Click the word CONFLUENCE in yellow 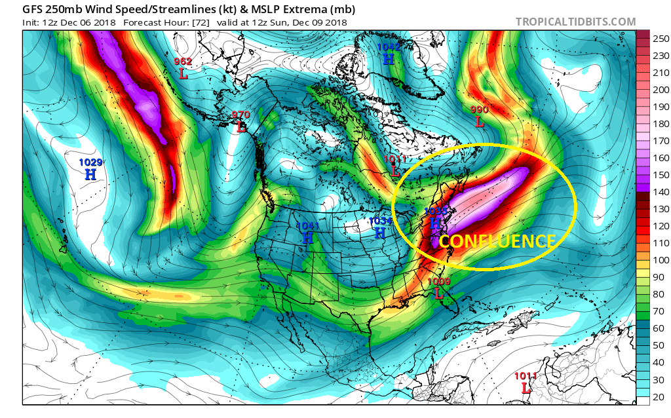pos(497,241)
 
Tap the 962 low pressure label pos(183,68)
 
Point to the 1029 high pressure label pos(90,168)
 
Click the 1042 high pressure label pos(388,53)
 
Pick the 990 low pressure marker pos(480,116)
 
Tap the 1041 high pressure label pos(307,233)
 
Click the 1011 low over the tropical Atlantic pos(525,382)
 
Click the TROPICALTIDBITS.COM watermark pos(575,22)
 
